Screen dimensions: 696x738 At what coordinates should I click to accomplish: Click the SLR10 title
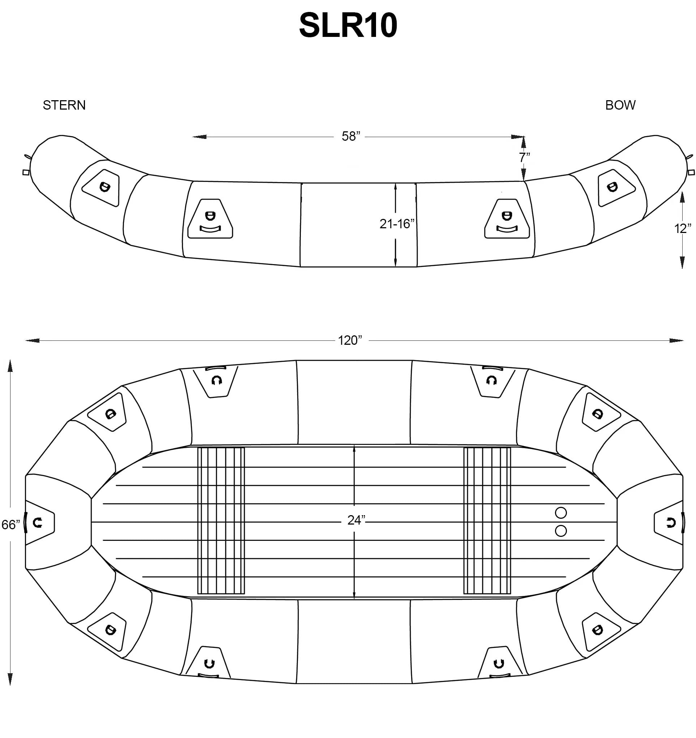coord(348,25)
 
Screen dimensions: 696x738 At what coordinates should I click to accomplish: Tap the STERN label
coord(64,105)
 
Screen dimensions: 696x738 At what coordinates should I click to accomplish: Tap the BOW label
coord(620,105)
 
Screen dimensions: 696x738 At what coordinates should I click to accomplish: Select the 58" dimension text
coord(351,137)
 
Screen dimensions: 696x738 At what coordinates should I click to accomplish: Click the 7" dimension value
coord(525,157)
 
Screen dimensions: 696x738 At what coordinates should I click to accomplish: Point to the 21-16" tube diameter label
coord(397,224)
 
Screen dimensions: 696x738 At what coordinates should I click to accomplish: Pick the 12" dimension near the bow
coord(683,229)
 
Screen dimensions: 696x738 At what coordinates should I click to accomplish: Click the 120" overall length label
coord(350,340)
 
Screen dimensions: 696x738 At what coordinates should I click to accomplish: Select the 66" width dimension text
coord(11,525)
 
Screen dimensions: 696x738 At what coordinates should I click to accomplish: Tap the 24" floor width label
coord(356,521)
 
